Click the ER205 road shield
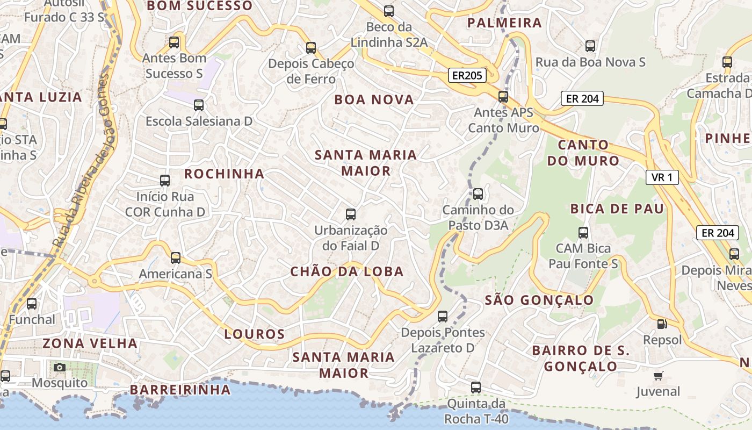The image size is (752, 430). (467, 76)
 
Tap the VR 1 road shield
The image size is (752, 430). (662, 177)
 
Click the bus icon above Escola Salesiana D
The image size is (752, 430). (199, 105)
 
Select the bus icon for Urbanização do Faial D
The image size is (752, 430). (351, 214)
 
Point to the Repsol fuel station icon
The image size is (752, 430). (662, 324)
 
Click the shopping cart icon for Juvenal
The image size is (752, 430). (658, 376)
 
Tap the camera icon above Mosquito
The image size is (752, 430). (60, 367)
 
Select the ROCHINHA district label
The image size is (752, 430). (225, 174)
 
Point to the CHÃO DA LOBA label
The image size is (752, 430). (347, 271)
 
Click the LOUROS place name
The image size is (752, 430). (255, 334)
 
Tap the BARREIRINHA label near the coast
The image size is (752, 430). (180, 390)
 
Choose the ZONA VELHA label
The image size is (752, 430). (90, 343)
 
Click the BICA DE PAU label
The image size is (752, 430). (617, 209)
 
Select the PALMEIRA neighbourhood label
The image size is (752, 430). (504, 23)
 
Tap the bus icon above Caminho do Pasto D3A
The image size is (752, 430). (478, 194)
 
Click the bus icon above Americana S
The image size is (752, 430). (176, 258)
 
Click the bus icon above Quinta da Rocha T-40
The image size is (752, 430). (476, 387)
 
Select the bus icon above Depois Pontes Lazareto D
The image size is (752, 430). (443, 317)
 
